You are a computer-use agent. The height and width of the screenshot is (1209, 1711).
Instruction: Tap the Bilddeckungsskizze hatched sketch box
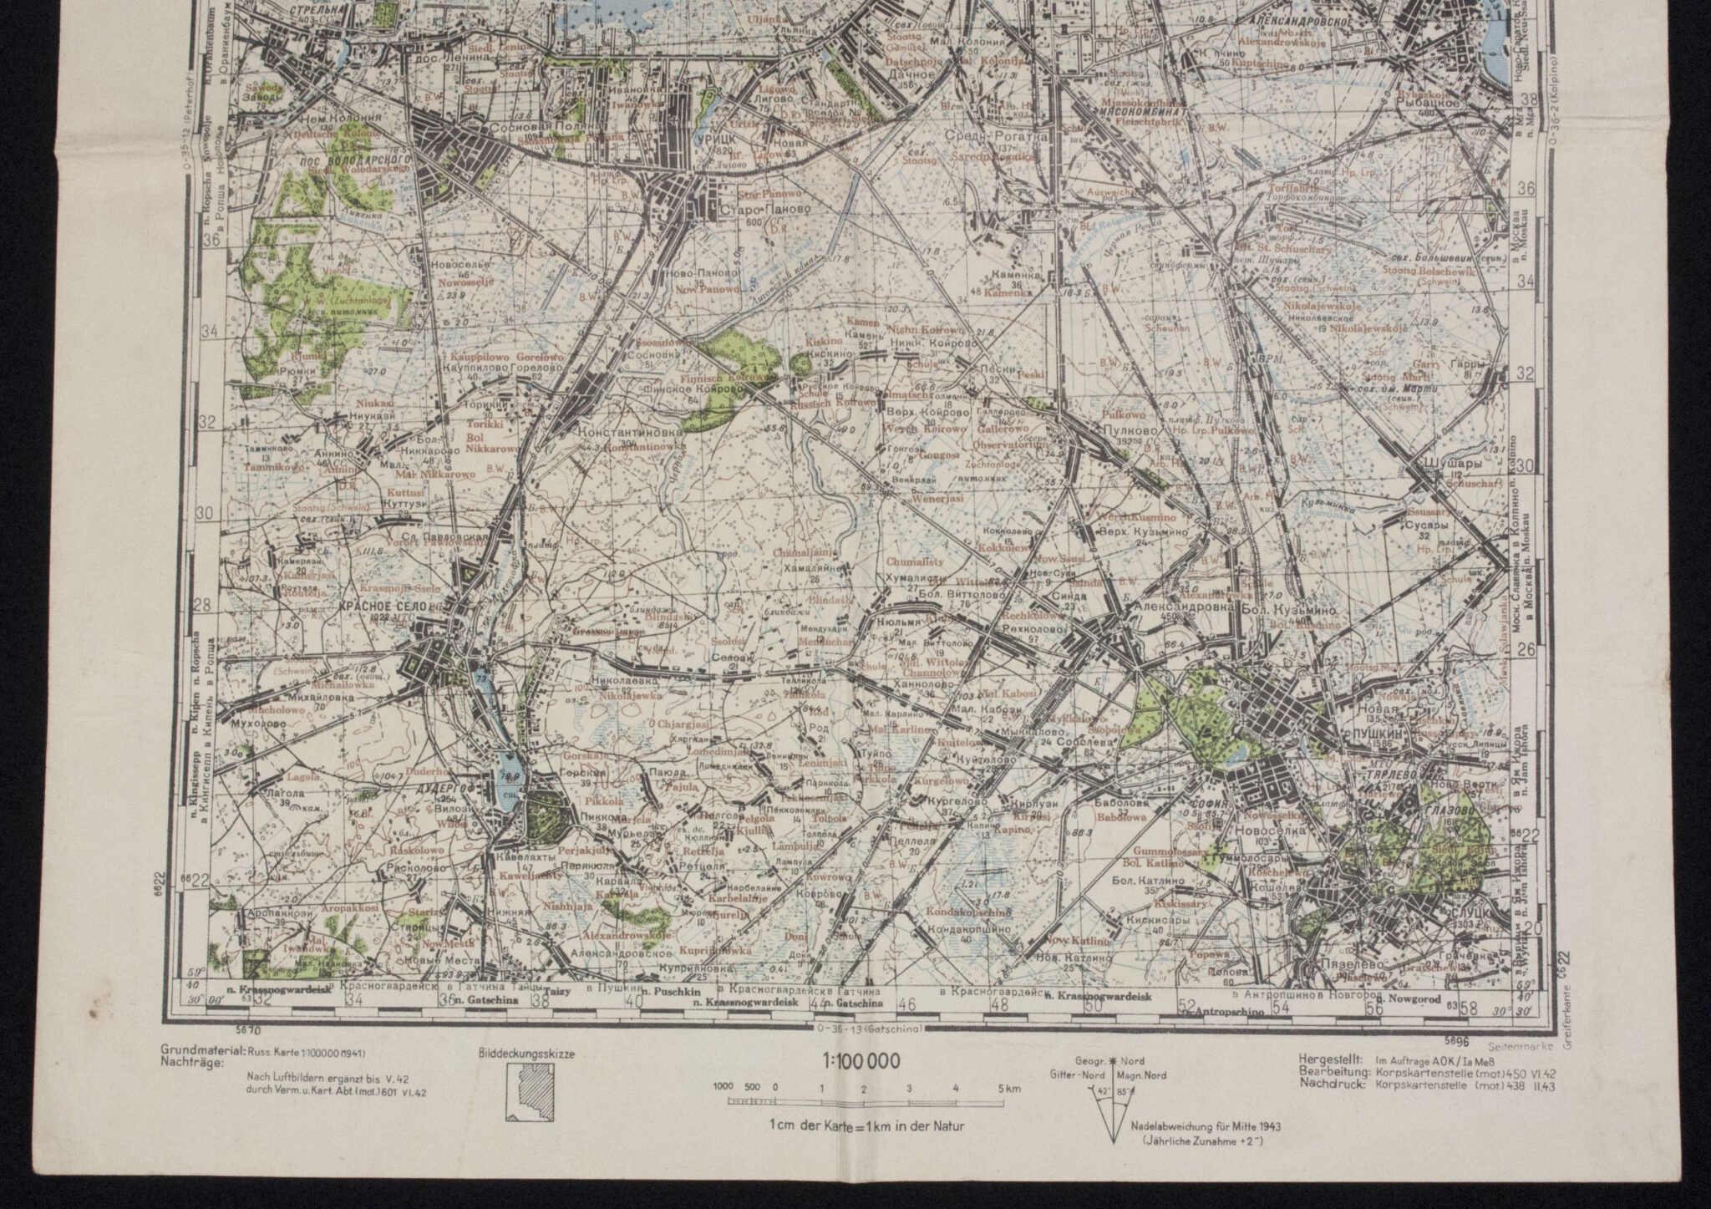524,1095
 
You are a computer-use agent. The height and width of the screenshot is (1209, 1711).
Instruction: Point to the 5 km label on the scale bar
1008,1089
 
